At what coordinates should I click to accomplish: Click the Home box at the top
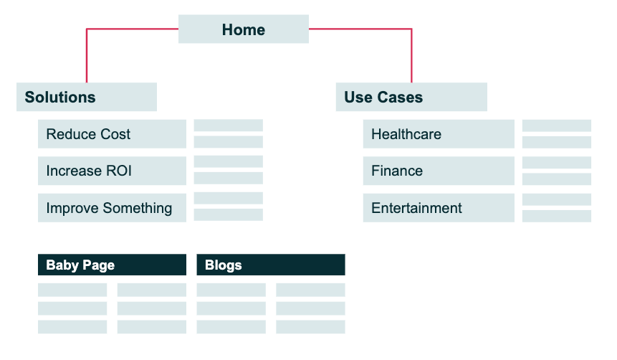click(x=243, y=29)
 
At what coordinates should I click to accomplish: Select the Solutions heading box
click(x=87, y=97)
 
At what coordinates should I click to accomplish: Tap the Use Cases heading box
click(x=411, y=97)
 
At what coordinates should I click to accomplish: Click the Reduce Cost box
click(x=112, y=134)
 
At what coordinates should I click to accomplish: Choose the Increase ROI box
click(x=112, y=171)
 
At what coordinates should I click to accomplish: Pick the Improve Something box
click(x=112, y=207)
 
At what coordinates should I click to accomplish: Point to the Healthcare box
click(x=439, y=134)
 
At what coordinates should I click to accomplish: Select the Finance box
click(x=439, y=171)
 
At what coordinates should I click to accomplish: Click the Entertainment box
click(x=439, y=207)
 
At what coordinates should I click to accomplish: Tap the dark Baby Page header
click(x=112, y=265)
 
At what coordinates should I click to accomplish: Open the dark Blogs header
click(x=271, y=265)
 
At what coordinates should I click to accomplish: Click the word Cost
click(x=115, y=134)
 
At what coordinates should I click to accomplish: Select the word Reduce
click(x=71, y=134)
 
